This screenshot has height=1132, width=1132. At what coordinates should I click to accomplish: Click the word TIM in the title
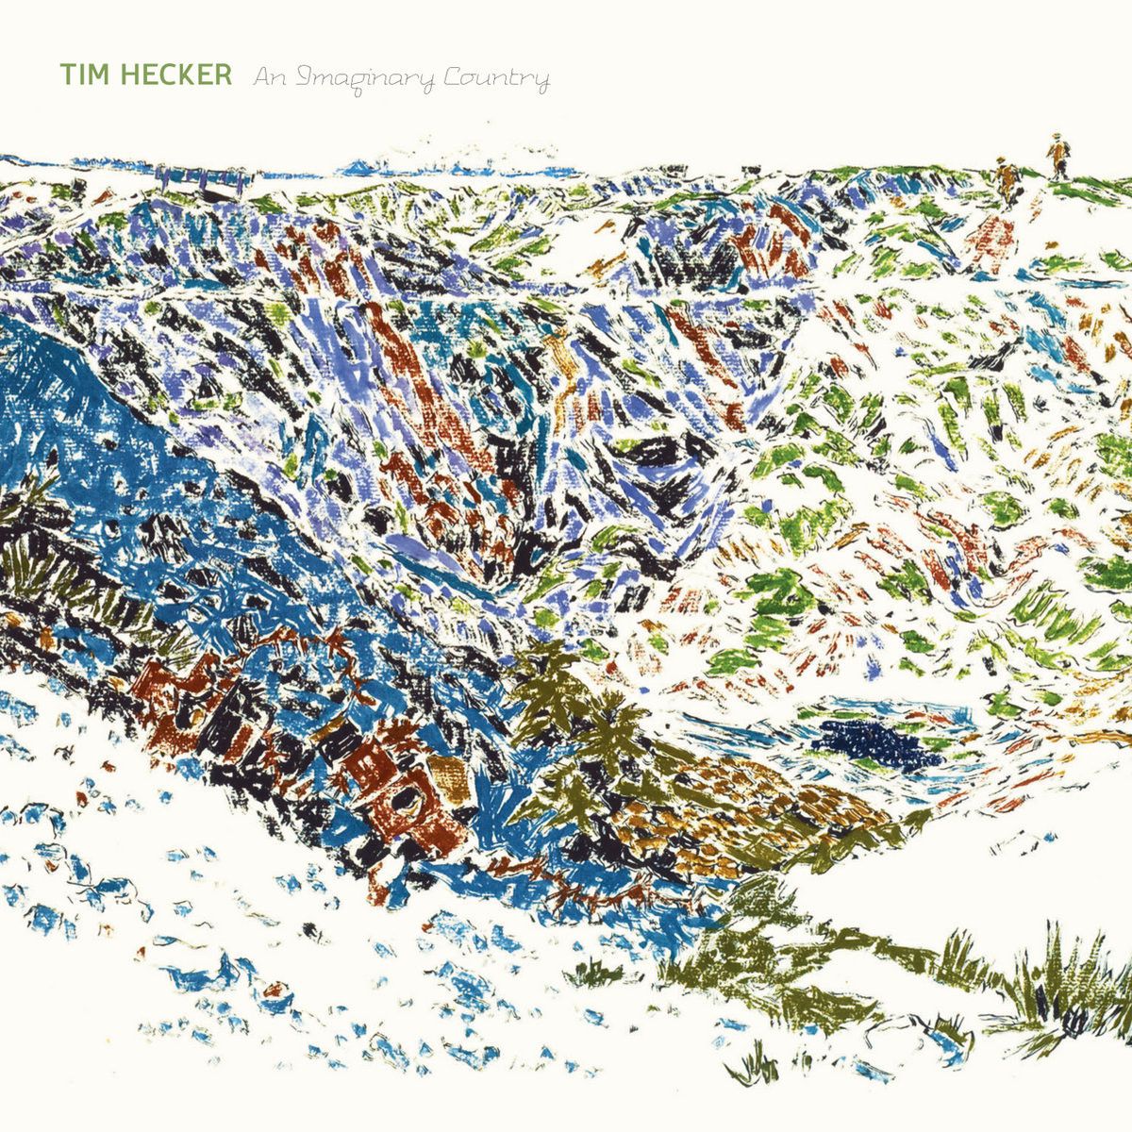pyautogui.click(x=83, y=75)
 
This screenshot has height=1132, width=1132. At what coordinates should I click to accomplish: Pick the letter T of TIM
pyautogui.click(x=67, y=75)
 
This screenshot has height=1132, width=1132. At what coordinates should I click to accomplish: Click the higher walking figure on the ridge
pyautogui.click(x=1057, y=157)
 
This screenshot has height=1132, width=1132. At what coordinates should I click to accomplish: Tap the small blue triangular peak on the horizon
pyautogui.click(x=358, y=168)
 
